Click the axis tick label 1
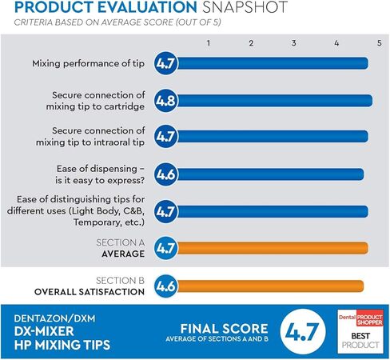209,43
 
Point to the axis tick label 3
293,43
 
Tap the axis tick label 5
380,43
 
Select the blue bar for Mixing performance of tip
273,63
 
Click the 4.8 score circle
165,101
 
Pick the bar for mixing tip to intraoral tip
273,136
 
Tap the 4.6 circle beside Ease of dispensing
165,174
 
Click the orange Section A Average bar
273,248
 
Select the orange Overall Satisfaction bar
270,286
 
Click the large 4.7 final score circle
303,332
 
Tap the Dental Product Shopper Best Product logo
360,331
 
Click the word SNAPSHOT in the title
245,7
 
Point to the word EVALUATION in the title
147,7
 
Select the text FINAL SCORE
224,329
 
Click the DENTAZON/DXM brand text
54,318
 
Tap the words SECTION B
120,281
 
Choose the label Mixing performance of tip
89,63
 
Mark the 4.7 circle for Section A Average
165,248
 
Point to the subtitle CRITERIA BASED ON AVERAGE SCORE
94,22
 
